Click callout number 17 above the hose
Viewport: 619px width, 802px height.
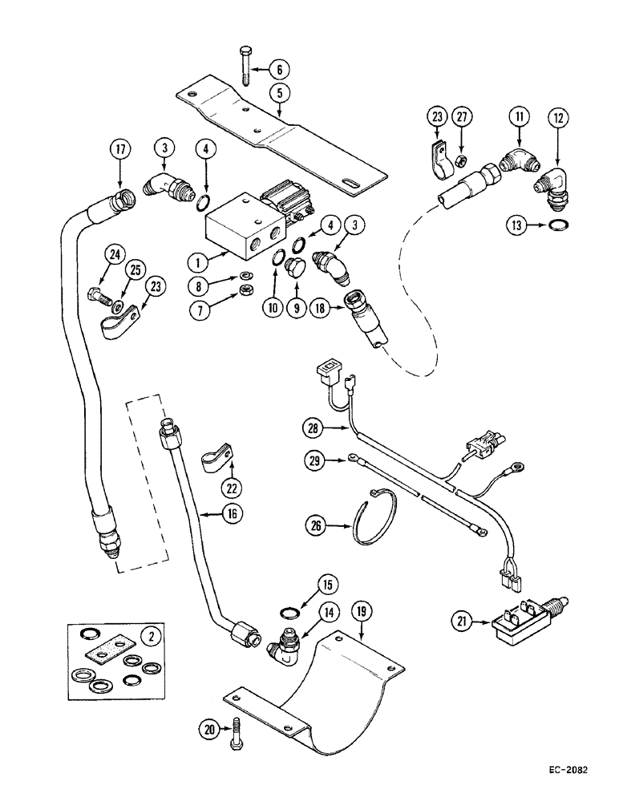point(120,149)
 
